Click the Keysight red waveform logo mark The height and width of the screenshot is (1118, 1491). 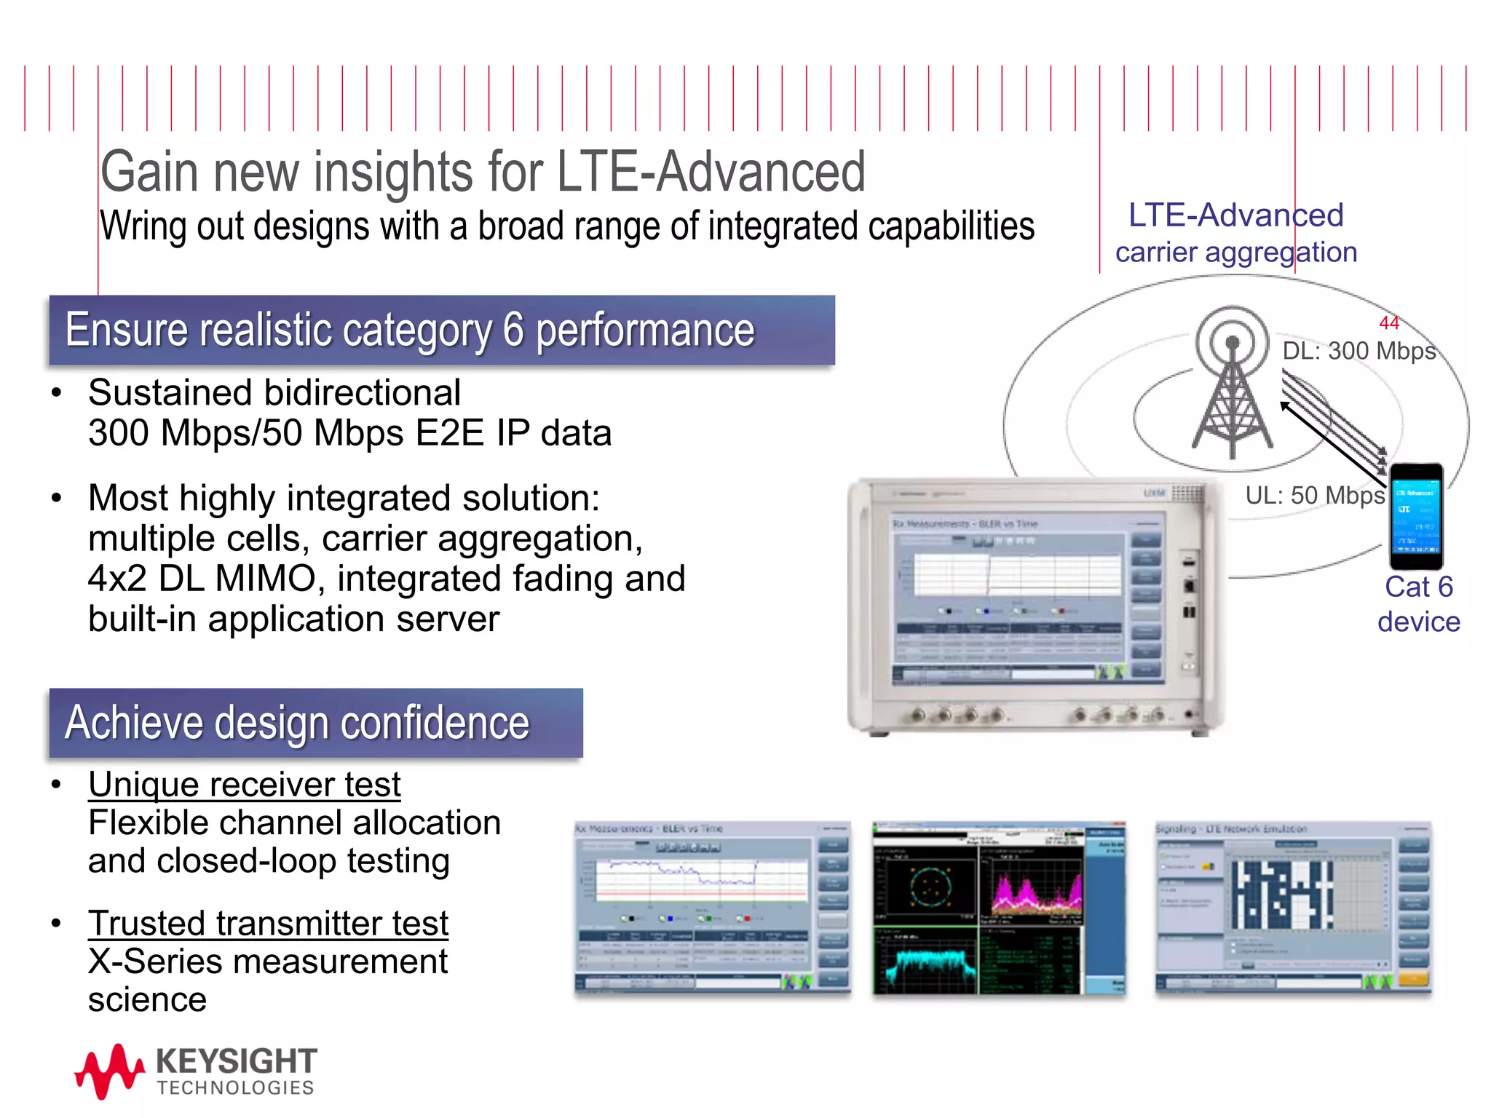click(109, 1070)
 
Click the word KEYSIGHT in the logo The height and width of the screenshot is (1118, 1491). click(237, 1061)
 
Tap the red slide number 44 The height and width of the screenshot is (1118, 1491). click(1388, 322)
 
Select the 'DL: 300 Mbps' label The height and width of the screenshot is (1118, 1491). click(1358, 351)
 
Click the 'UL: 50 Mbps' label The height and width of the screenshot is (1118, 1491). click(1315, 496)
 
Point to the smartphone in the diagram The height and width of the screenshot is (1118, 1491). click(1415, 517)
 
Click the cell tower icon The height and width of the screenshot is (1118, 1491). click(1232, 386)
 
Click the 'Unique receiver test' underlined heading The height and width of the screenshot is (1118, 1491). click(245, 785)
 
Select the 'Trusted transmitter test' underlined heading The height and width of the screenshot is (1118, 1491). click(268, 924)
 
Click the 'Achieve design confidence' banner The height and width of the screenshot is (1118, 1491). click(315, 723)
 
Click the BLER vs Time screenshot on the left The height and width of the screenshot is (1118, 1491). click(712, 908)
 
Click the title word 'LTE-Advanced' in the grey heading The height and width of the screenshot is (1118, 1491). click(711, 173)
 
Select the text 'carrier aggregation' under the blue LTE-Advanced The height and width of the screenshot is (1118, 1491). click(1236, 253)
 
